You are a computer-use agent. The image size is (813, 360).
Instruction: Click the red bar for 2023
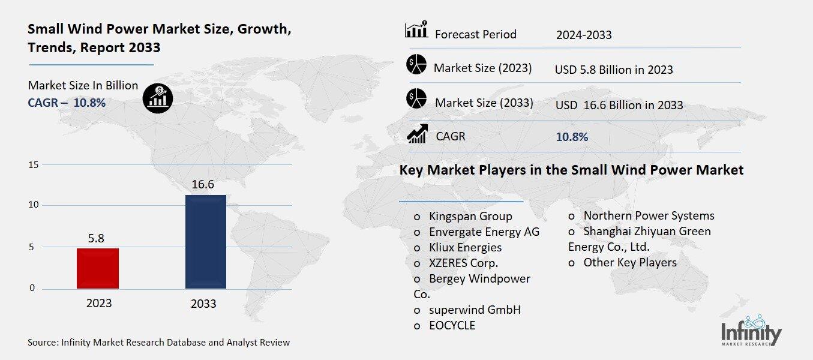(98, 268)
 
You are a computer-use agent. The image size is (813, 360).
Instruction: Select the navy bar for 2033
(205, 241)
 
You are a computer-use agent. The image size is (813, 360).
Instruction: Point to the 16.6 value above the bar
(203, 184)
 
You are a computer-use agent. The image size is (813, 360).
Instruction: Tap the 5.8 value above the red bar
(96, 238)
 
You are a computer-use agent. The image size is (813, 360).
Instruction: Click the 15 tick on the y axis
(34, 165)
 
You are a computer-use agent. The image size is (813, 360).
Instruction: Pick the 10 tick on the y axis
(34, 205)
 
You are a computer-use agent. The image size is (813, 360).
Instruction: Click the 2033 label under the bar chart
(203, 304)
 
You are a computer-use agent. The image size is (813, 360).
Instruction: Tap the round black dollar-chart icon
(158, 97)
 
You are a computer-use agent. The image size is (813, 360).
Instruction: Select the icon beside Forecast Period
(416, 30)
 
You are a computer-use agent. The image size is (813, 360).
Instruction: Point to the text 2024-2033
(584, 35)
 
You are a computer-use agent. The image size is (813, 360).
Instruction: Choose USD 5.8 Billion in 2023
(614, 70)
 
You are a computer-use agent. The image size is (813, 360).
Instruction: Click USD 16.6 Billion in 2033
(619, 105)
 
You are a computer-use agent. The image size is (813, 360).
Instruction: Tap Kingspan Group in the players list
(470, 216)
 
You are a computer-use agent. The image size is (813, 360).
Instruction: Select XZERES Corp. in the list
(463, 263)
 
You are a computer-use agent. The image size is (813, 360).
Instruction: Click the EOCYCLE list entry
(452, 325)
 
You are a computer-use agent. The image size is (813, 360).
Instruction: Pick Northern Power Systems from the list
(649, 215)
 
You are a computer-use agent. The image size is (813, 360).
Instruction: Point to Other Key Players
(629, 262)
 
